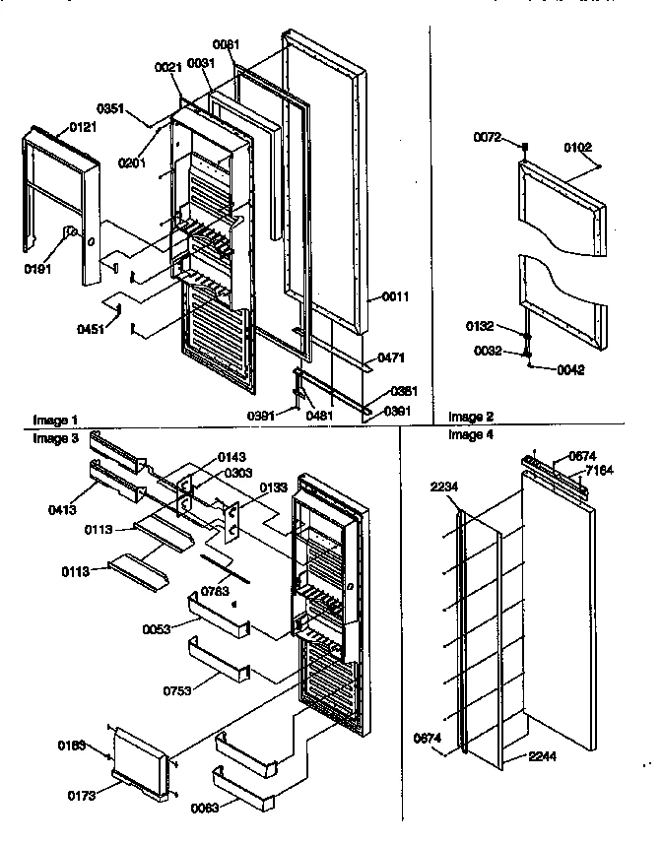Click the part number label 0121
(84, 128)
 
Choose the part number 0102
(579, 148)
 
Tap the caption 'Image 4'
(469, 434)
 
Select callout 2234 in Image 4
(444, 486)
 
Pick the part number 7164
(599, 470)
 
